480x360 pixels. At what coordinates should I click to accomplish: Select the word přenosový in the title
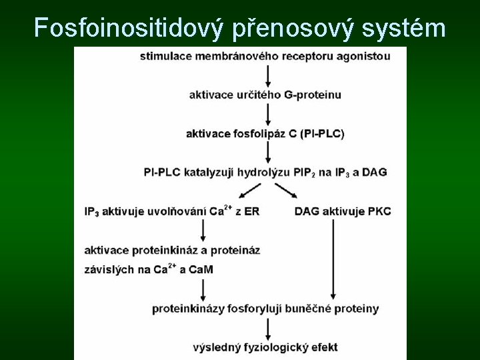coord(288,28)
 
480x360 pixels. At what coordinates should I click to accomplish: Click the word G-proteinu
coord(312,95)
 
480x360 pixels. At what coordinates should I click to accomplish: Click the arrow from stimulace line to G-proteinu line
coord(267,75)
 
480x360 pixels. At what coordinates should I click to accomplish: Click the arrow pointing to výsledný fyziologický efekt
coord(267,328)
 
